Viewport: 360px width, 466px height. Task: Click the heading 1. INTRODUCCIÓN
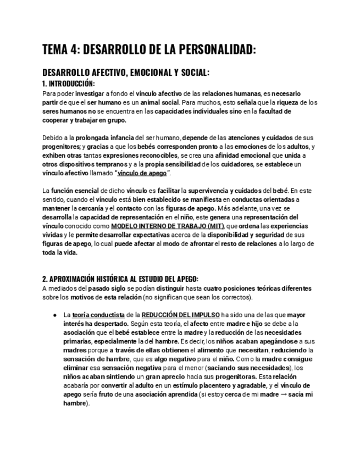click(x=69, y=84)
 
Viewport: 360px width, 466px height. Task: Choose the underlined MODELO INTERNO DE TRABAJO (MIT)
click(x=168, y=226)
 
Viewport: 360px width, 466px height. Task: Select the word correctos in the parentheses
click(x=235, y=297)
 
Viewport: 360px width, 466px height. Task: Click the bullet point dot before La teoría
click(x=55, y=315)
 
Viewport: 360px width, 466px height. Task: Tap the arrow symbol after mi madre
click(x=286, y=395)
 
